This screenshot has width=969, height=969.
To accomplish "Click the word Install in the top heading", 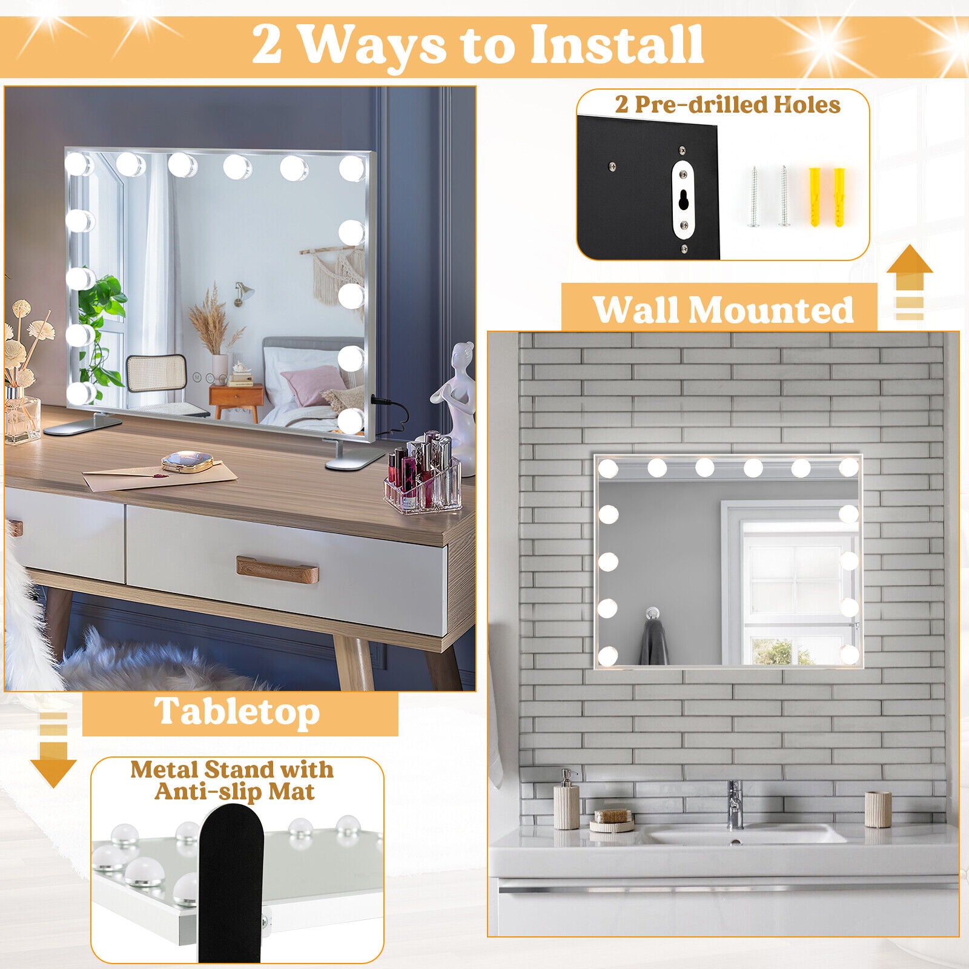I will (617, 45).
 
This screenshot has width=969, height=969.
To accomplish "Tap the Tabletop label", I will (237, 712).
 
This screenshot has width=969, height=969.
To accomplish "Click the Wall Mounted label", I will (723, 309).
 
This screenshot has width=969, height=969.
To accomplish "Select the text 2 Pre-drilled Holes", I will (727, 105).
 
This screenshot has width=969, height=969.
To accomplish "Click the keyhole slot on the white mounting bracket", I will (683, 200).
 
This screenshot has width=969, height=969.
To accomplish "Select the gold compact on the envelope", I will (187, 463).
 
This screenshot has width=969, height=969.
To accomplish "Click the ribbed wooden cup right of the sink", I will (878, 809).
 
